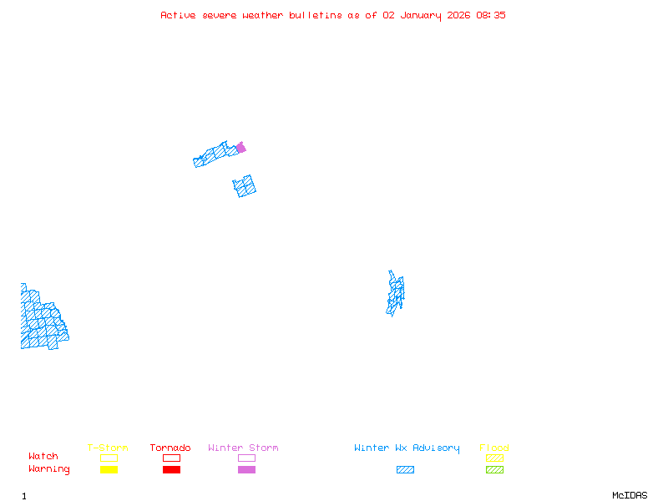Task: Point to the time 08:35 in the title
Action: (x=491, y=15)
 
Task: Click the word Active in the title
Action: (x=178, y=15)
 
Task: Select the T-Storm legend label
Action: (x=108, y=448)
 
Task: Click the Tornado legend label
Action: (x=170, y=448)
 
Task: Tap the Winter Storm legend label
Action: (x=243, y=448)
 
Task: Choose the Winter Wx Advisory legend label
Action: (x=407, y=448)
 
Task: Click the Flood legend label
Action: (x=494, y=448)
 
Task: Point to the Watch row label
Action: (x=43, y=457)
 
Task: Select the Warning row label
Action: (x=49, y=469)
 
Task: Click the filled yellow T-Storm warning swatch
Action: (x=109, y=470)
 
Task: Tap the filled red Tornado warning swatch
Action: (x=171, y=470)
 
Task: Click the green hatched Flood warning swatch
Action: (x=494, y=470)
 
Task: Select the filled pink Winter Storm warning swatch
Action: (x=246, y=470)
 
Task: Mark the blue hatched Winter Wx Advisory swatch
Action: (x=405, y=470)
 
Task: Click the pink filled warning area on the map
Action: (x=240, y=148)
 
